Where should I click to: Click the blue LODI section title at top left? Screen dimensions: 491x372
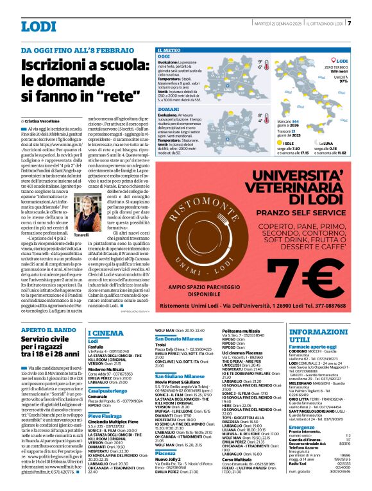(38, 27)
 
